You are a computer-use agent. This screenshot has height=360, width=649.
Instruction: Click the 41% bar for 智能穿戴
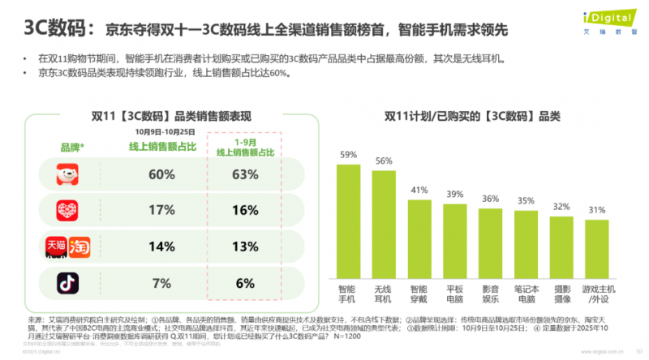coord(419,238)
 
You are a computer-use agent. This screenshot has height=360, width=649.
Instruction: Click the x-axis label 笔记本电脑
coord(526,292)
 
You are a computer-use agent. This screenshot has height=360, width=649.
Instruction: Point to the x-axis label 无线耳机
coord(384,292)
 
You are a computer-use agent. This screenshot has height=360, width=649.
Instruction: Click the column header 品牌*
coord(73,147)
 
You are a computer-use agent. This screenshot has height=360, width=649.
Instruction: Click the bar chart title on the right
coord(473,117)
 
